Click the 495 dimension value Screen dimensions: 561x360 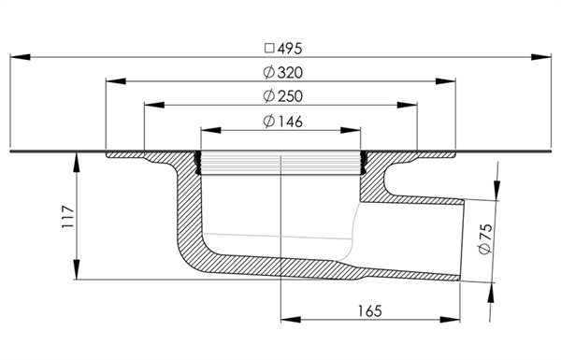(x=290, y=49)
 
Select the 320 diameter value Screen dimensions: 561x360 (x=290, y=73)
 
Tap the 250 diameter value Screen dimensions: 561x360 (x=290, y=96)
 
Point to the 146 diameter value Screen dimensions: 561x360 (x=290, y=122)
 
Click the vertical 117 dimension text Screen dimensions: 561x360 (x=68, y=217)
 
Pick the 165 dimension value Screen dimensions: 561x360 (x=370, y=311)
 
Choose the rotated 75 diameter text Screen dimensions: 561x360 (x=485, y=238)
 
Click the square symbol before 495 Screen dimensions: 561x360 (x=269, y=49)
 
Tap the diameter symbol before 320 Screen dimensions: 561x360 (x=268, y=72)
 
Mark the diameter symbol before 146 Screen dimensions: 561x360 (x=268, y=122)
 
